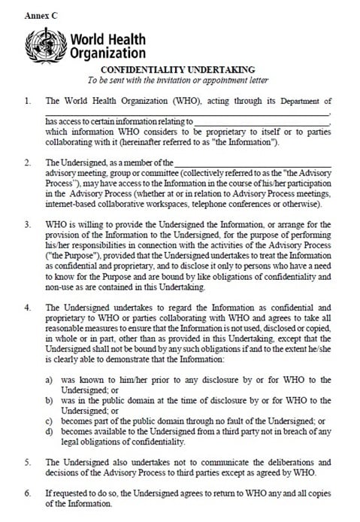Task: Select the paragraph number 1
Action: (x=27, y=101)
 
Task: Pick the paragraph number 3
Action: (x=27, y=224)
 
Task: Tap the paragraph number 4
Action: (x=27, y=308)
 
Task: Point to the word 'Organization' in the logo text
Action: (x=107, y=53)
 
